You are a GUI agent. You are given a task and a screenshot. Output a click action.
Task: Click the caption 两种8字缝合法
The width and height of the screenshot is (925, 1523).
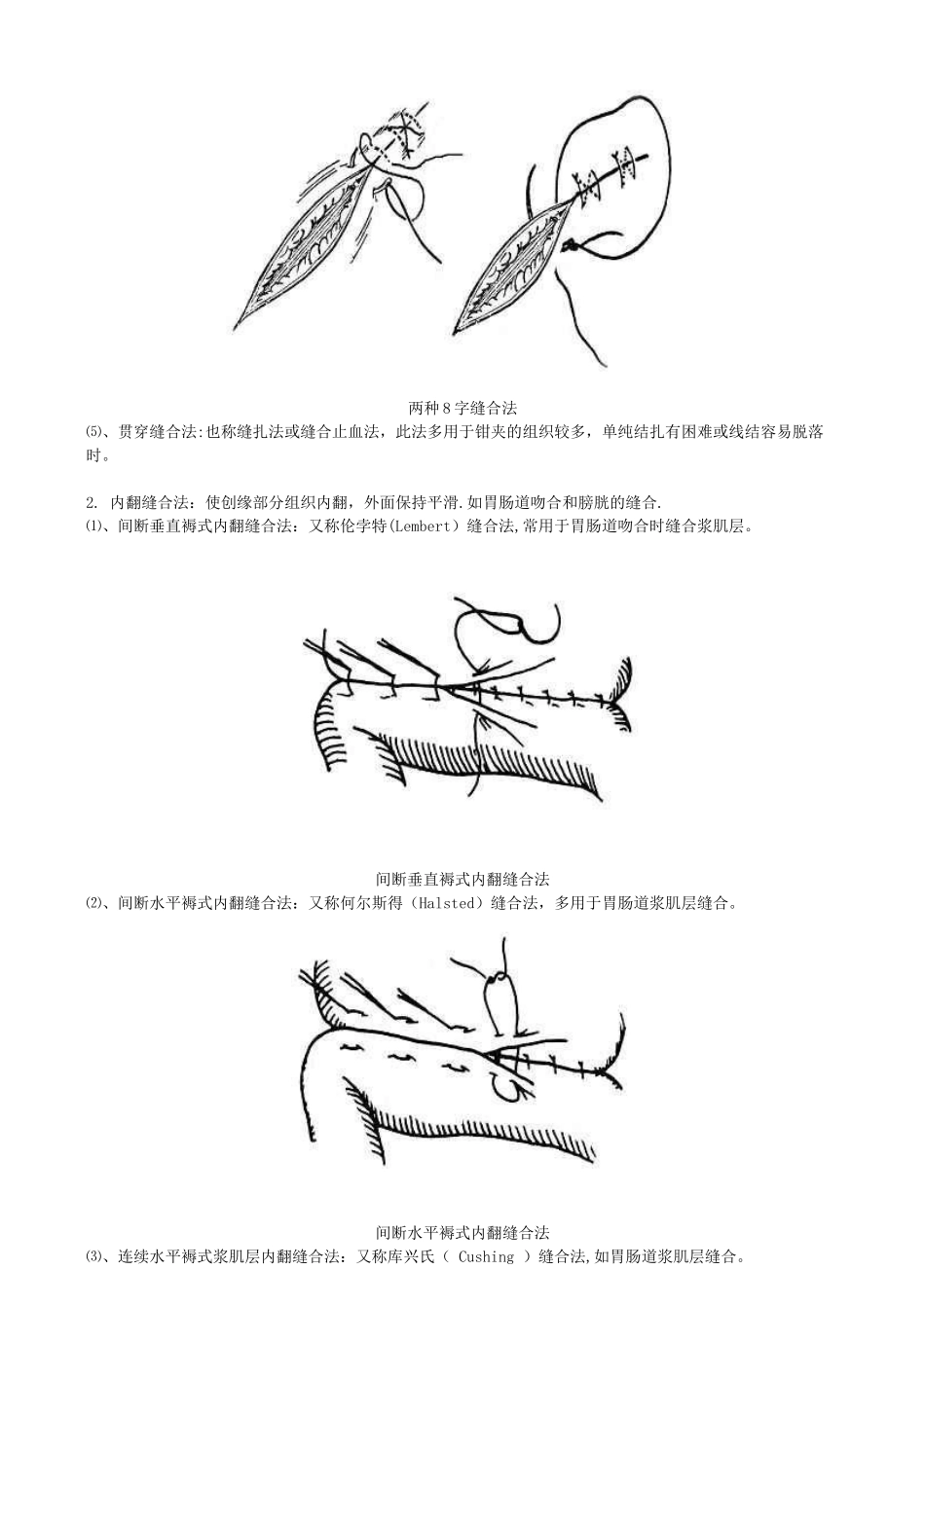[462, 408]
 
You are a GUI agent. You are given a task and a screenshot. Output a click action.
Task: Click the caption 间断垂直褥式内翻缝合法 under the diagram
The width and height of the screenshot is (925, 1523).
[462, 880]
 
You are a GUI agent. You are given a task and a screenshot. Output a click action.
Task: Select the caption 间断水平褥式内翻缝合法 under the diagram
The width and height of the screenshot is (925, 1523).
[462, 1233]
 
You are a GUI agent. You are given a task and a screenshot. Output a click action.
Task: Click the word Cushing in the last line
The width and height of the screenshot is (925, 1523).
[486, 1256]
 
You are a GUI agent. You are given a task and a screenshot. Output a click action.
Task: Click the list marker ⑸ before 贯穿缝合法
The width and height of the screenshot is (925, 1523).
[93, 432]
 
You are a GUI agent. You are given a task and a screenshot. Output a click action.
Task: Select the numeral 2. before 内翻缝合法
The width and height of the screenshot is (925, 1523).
[92, 503]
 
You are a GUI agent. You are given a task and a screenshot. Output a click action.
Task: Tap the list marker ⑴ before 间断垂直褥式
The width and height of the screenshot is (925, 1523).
[93, 526]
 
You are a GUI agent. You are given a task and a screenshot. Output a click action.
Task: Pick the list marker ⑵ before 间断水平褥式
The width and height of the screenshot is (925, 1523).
[93, 903]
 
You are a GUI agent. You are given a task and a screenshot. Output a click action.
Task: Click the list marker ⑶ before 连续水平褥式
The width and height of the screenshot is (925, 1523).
[93, 1256]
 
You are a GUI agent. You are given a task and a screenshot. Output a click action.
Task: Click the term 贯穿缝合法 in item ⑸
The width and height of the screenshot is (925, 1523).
[157, 432]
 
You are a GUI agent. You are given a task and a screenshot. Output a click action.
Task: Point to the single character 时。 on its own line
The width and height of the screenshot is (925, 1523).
[97, 455]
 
